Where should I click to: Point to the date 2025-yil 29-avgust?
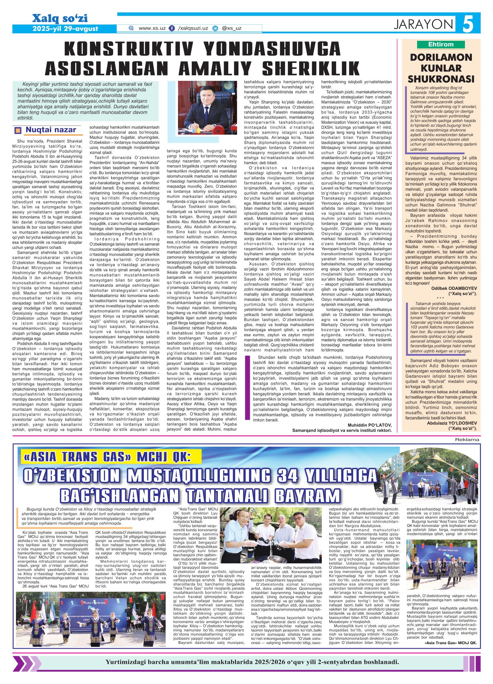point(65,29)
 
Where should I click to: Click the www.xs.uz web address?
point(152,28)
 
